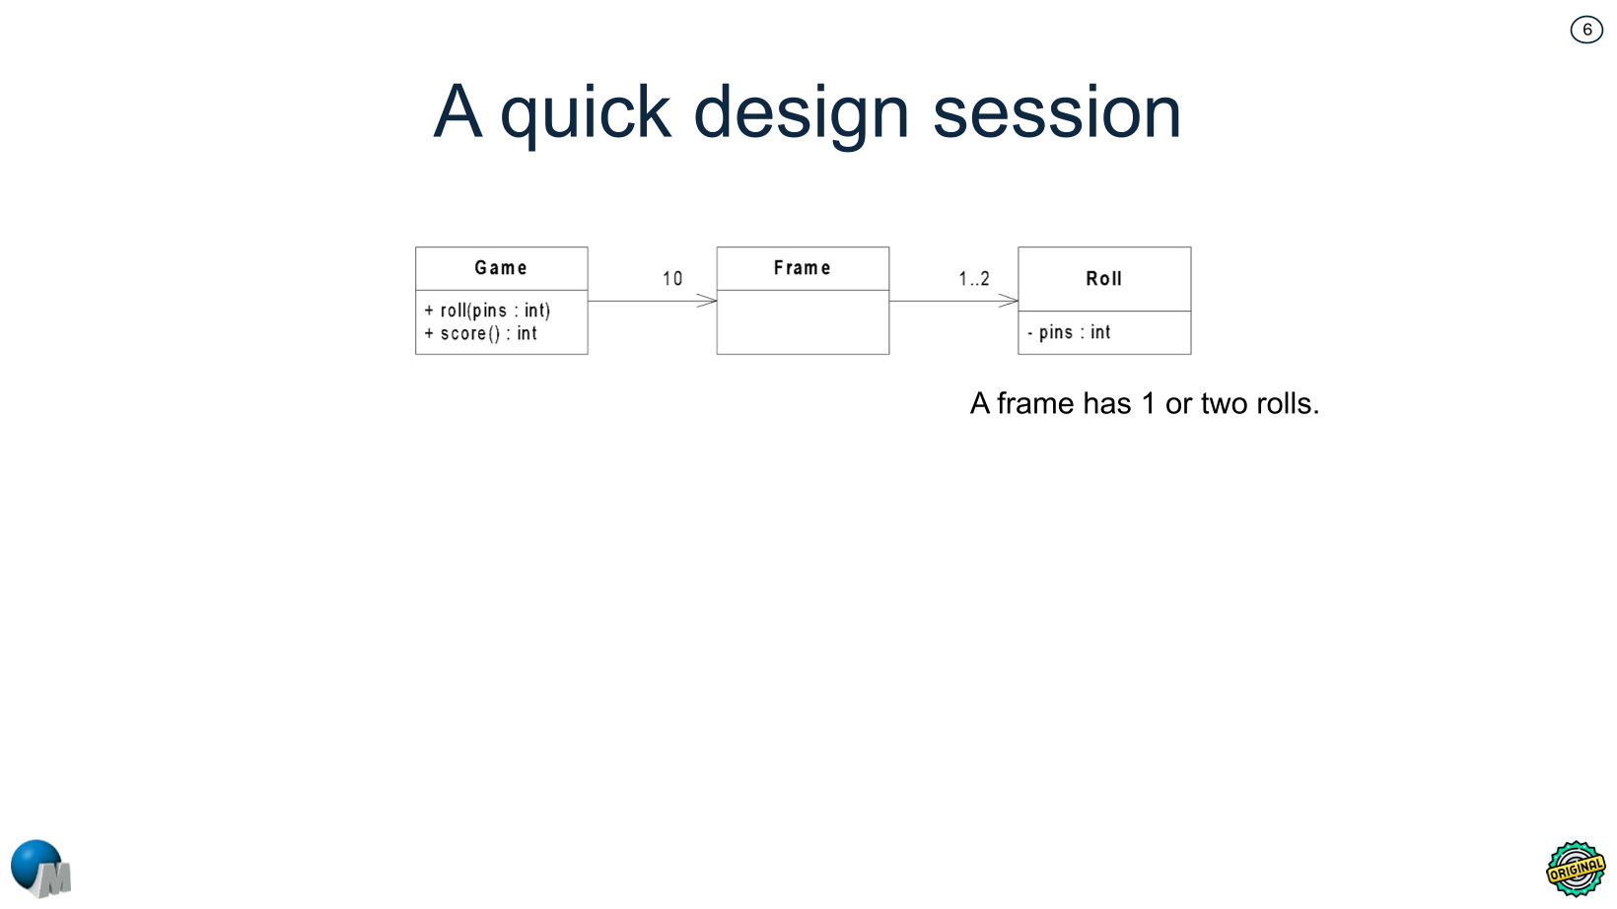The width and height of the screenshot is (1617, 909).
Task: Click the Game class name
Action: [501, 268]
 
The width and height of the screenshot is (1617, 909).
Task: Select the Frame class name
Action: [802, 268]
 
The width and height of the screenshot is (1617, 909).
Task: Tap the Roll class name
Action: [1103, 279]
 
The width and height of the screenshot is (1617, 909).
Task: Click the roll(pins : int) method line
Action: [488, 311]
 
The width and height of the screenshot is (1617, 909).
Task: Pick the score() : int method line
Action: [482, 334]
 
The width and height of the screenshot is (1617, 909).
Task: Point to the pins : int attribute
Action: [1070, 333]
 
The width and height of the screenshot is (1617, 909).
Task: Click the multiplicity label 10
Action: [672, 279]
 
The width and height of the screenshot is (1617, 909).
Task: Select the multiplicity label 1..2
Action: [974, 279]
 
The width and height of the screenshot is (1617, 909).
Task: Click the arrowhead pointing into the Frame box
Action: [708, 301]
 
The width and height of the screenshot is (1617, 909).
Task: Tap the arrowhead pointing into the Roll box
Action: [1009, 301]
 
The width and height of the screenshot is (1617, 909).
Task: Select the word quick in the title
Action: [586, 113]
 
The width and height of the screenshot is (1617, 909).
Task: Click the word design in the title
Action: [801, 113]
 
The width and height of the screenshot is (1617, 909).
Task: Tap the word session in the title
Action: [1056, 113]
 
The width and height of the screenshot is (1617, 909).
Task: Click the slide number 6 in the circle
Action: [1586, 30]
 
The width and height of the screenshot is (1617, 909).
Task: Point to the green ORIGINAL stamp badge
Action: [1575, 869]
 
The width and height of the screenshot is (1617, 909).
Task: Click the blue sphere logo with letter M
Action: [40, 869]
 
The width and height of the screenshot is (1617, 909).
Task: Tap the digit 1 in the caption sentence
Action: [1148, 404]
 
